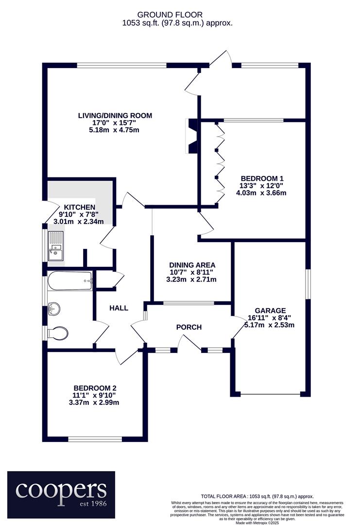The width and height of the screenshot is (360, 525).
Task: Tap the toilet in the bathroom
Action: pyautogui.click(x=58, y=333)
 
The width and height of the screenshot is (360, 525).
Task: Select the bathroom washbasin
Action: pyautogui.click(x=54, y=309)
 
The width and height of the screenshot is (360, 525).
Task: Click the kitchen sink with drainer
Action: pyautogui.click(x=55, y=246)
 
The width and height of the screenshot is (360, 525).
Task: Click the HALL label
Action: pyautogui.click(x=119, y=308)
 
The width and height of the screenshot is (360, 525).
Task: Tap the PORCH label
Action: pyautogui.click(x=189, y=327)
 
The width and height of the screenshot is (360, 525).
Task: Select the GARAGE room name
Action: pyautogui.click(x=270, y=311)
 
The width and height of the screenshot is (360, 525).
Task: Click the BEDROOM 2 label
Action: pyautogui.click(x=95, y=388)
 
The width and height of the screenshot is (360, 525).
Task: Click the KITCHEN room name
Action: pyautogui.click(x=80, y=207)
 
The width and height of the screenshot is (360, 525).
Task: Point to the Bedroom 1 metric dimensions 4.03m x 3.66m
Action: pyautogui.click(x=261, y=193)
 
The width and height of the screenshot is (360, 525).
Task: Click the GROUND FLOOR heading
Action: pyautogui.click(x=170, y=15)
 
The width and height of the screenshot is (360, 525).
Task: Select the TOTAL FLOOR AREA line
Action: pyautogui.click(x=257, y=496)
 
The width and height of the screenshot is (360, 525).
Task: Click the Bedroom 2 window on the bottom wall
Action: pyautogui.click(x=95, y=439)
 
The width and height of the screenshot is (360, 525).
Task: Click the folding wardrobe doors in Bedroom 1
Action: pyautogui.click(x=220, y=163)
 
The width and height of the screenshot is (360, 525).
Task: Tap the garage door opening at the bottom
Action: pyautogui.click(x=270, y=394)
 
